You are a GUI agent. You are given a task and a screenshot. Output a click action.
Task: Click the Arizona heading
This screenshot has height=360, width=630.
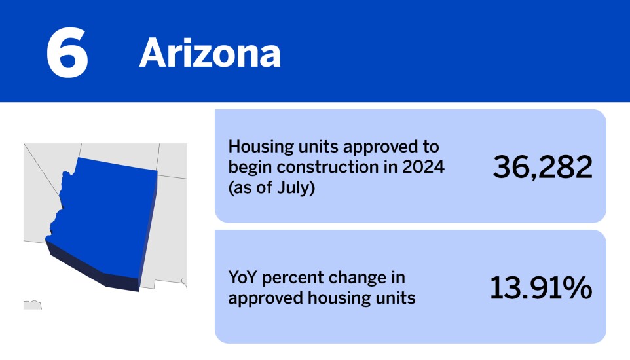pos(210,53)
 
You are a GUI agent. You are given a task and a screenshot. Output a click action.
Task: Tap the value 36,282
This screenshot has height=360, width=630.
pos(542,167)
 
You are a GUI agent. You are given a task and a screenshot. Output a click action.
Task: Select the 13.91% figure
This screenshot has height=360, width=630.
pos(541,289)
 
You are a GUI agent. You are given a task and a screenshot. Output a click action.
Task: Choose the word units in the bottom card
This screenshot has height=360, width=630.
pos(396,298)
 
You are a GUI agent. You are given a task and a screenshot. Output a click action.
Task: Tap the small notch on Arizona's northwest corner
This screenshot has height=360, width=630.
pos(65,175)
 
